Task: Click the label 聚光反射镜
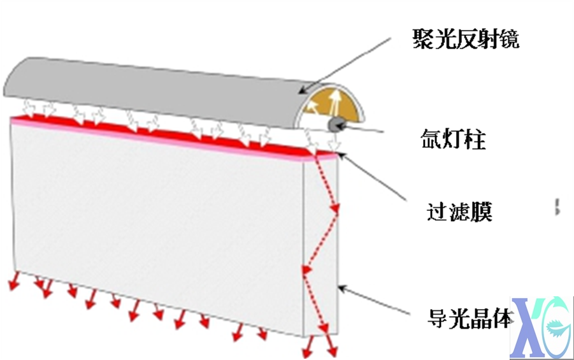466,39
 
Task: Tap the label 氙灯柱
453,139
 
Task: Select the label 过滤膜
459,212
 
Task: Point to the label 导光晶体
470,318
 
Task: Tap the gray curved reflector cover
154,92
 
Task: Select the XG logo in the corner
541,328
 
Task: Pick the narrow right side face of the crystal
322,245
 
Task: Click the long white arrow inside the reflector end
333,102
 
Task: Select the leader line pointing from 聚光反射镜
345,65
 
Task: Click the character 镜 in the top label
508,39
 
